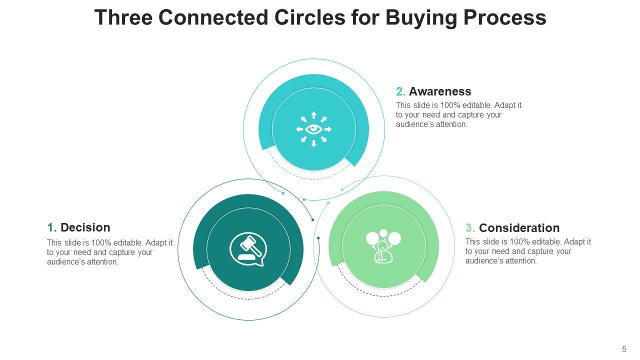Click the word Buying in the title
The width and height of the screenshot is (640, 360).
[414, 17]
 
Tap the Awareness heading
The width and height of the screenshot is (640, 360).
[440, 91]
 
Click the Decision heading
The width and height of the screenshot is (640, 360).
[85, 227]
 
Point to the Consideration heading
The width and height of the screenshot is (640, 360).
[519, 228]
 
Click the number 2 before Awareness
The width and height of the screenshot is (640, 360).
[400, 91]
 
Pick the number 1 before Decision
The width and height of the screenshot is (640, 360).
[51, 227]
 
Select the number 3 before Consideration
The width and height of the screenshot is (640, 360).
[469, 228]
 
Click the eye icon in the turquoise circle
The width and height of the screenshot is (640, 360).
[313, 129]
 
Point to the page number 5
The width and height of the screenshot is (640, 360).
[624, 349]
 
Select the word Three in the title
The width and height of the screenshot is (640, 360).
[124, 17]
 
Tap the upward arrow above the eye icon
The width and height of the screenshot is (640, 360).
[313, 114]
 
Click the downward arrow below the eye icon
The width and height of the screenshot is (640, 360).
[313, 144]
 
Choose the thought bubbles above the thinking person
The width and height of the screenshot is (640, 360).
[383, 237]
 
